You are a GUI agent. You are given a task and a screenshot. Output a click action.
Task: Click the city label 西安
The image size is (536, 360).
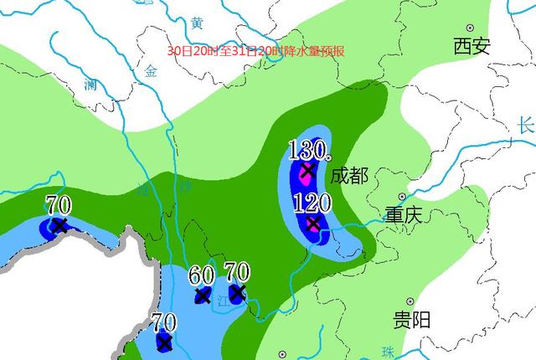click(x=472, y=46)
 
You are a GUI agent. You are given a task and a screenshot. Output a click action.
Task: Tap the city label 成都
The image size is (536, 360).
click(x=348, y=176)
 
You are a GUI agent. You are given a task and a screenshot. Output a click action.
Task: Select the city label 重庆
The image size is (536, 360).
click(x=404, y=214)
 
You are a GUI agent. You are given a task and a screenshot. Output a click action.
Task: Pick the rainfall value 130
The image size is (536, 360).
click(x=306, y=151)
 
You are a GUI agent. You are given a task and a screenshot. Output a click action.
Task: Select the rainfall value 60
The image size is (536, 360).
click(x=202, y=275)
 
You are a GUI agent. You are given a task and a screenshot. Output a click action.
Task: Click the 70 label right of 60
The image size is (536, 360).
click(x=237, y=272)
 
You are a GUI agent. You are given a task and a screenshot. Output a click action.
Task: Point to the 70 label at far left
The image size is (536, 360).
click(x=58, y=203)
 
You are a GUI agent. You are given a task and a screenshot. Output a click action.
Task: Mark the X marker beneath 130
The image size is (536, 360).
click(x=307, y=172)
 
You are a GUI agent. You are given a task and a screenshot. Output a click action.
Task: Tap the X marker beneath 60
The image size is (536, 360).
click(x=203, y=296)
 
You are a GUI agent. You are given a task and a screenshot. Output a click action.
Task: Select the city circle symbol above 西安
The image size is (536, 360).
click(x=470, y=28)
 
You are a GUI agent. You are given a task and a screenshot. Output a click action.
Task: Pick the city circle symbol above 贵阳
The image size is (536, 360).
click(x=410, y=301)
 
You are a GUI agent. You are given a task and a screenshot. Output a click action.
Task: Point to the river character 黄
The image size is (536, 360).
click(x=197, y=23)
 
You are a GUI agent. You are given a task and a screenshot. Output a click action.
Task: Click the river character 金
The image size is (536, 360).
click(x=151, y=71)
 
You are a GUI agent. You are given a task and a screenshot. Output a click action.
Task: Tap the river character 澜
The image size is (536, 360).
click(x=90, y=84)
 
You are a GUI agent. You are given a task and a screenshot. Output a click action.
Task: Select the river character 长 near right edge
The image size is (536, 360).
click(x=526, y=126)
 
